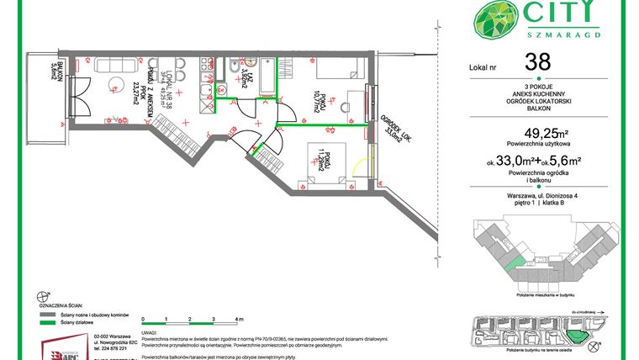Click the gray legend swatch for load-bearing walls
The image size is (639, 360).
click(x=50, y=313)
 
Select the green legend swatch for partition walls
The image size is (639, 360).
click(x=50, y=321)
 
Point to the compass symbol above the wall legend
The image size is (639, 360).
click(x=43, y=295)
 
